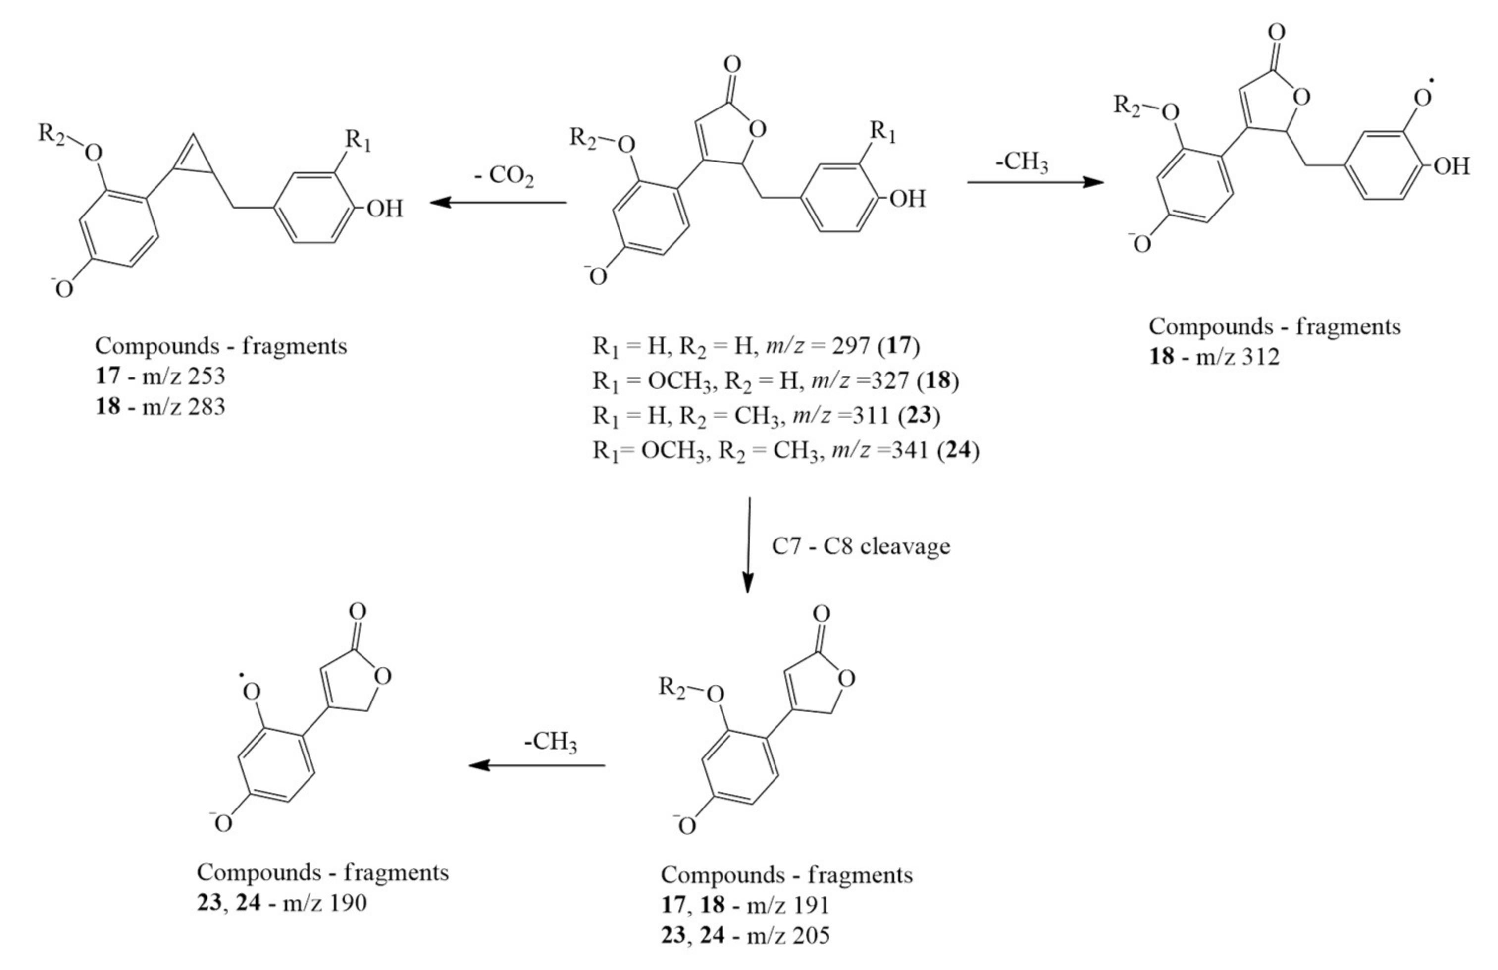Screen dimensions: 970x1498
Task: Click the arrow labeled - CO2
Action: click(497, 203)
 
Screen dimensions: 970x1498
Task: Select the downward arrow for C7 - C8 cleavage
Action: click(748, 545)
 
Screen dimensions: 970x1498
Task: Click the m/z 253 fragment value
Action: click(183, 377)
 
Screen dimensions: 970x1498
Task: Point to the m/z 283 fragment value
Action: click(183, 407)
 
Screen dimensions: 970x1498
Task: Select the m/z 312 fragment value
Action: click(1238, 357)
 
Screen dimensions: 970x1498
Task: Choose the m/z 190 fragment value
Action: click(325, 903)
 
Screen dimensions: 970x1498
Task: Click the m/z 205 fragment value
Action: click(788, 935)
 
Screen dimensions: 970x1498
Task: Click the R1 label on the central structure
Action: click(882, 133)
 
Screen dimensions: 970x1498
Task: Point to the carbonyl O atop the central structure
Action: click(732, 64)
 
